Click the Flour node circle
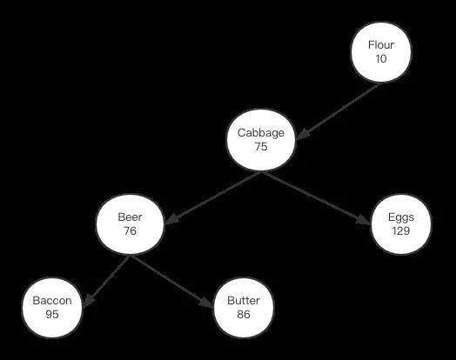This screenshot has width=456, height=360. pos(381,52)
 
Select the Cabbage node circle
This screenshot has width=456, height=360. pos(261,140)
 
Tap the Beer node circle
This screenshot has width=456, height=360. pos(130,224)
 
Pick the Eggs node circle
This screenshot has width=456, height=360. pos(401,224)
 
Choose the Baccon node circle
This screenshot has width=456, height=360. pos(52,308)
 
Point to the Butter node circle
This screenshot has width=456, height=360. pos(244,308)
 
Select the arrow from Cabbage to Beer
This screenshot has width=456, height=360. pos(213,197)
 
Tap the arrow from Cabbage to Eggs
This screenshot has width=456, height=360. pos(316,198)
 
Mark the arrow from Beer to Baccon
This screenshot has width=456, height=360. pos(105,281)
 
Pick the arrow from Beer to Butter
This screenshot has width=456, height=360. pos(172,281)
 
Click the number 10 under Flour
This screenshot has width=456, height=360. pos(381,58)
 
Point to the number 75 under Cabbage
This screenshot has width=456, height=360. pos(261,146)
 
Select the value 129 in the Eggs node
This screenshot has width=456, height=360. pos(401,230)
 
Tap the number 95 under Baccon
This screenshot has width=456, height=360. pos(52,315)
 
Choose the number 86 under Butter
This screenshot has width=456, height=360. pos(244,315)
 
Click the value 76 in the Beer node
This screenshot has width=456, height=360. pos(130,230)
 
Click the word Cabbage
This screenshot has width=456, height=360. pos(261,133)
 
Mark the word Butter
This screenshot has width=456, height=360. pos(244,301)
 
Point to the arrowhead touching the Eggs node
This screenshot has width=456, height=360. pos(364,220)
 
